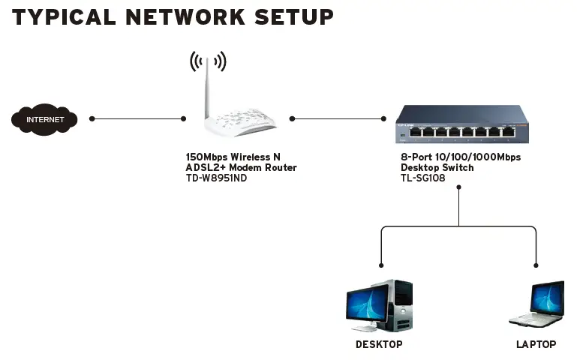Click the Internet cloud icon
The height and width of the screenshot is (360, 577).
coord(44,119)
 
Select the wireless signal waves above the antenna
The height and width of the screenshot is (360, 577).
coord(208,60)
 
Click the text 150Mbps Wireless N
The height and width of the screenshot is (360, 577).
coord(233,157)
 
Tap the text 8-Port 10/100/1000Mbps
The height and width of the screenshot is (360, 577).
coord(460,157)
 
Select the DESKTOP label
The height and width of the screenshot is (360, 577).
coord(379,344)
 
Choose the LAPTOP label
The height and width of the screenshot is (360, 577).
coord(536,344)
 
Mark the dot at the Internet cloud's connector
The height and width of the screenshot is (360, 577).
coord(92,118)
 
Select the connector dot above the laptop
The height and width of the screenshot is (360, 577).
coord(536,264)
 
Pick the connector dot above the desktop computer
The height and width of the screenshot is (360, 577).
coord(381,264)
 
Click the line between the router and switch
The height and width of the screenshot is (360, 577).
coord(338,118)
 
